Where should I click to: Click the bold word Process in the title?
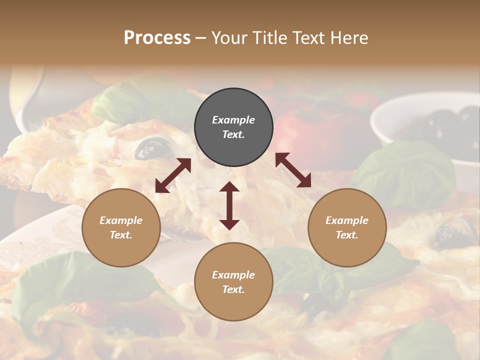(x=157, y=38)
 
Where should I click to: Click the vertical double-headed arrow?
(x=229, y=205)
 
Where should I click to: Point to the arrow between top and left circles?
(x=173, y=175)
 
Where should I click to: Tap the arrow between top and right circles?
(x=293, y=170)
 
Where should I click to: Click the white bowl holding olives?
(x=425, y=120)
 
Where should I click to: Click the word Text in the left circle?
(x=121, y=235)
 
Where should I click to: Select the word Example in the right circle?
(x=347, y=220)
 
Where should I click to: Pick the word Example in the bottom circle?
(x=233, y=275)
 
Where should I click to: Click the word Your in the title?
(x=227, y=38)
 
